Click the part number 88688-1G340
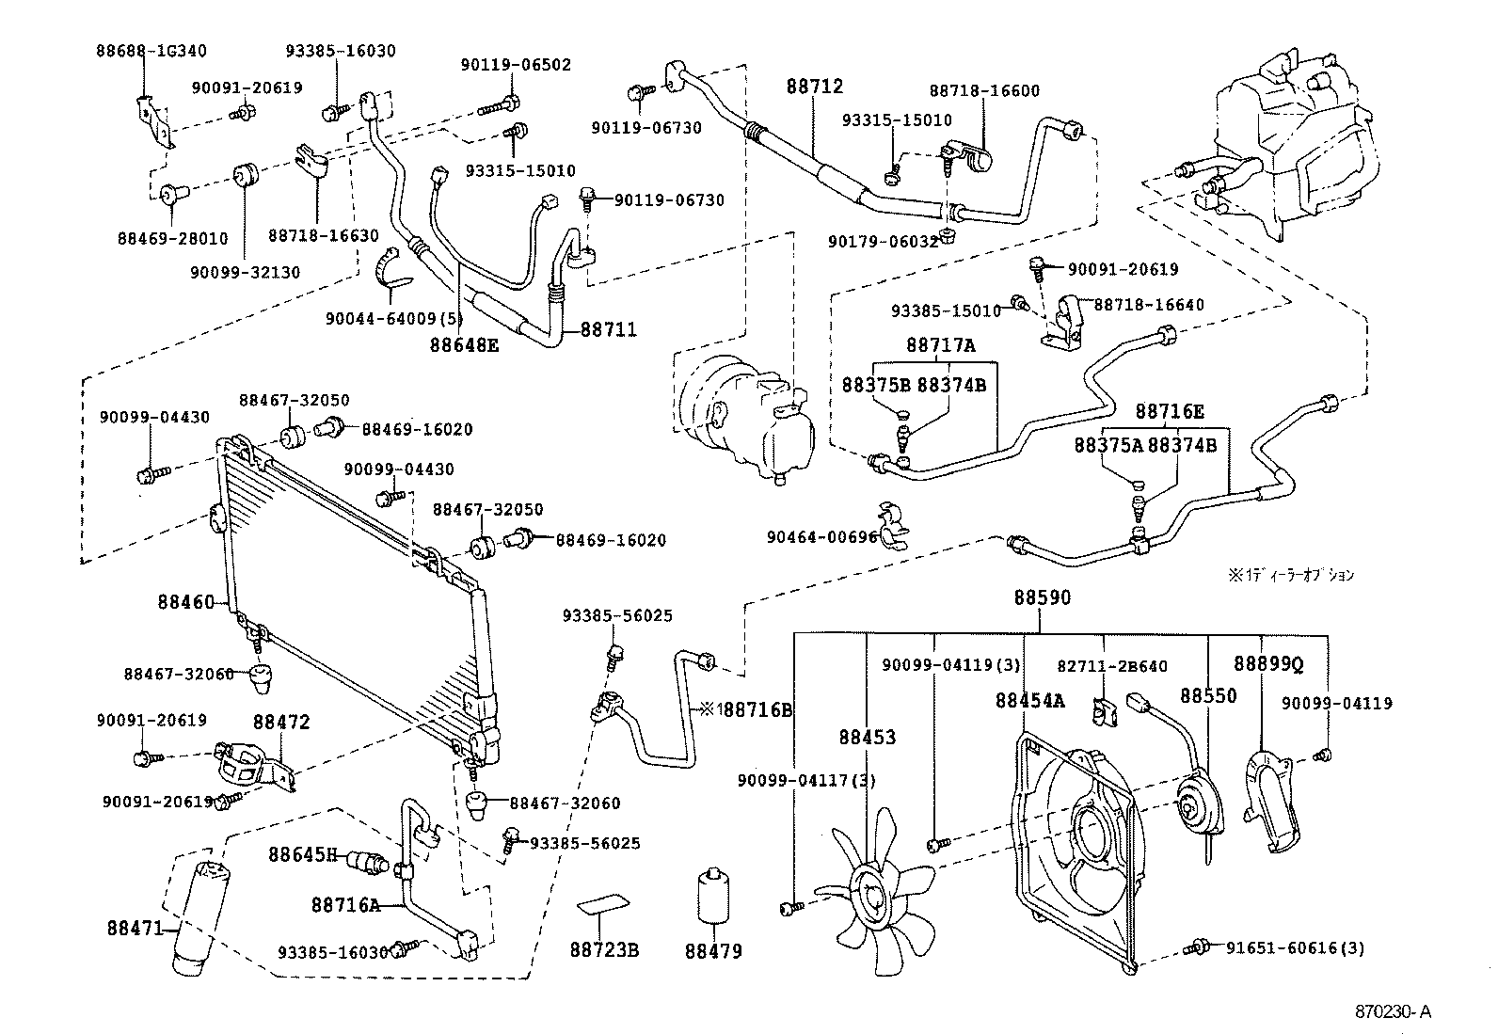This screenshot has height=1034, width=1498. coord(151,51)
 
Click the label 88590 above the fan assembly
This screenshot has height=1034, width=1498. coord(1042,597)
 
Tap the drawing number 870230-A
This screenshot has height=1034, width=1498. coord(1393,1012)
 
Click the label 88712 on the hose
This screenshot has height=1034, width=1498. coord(815,87)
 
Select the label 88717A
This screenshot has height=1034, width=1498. coord(941,346)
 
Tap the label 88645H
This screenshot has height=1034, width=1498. coord(302,854)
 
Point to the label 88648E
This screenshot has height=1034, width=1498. coord(464,345)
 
